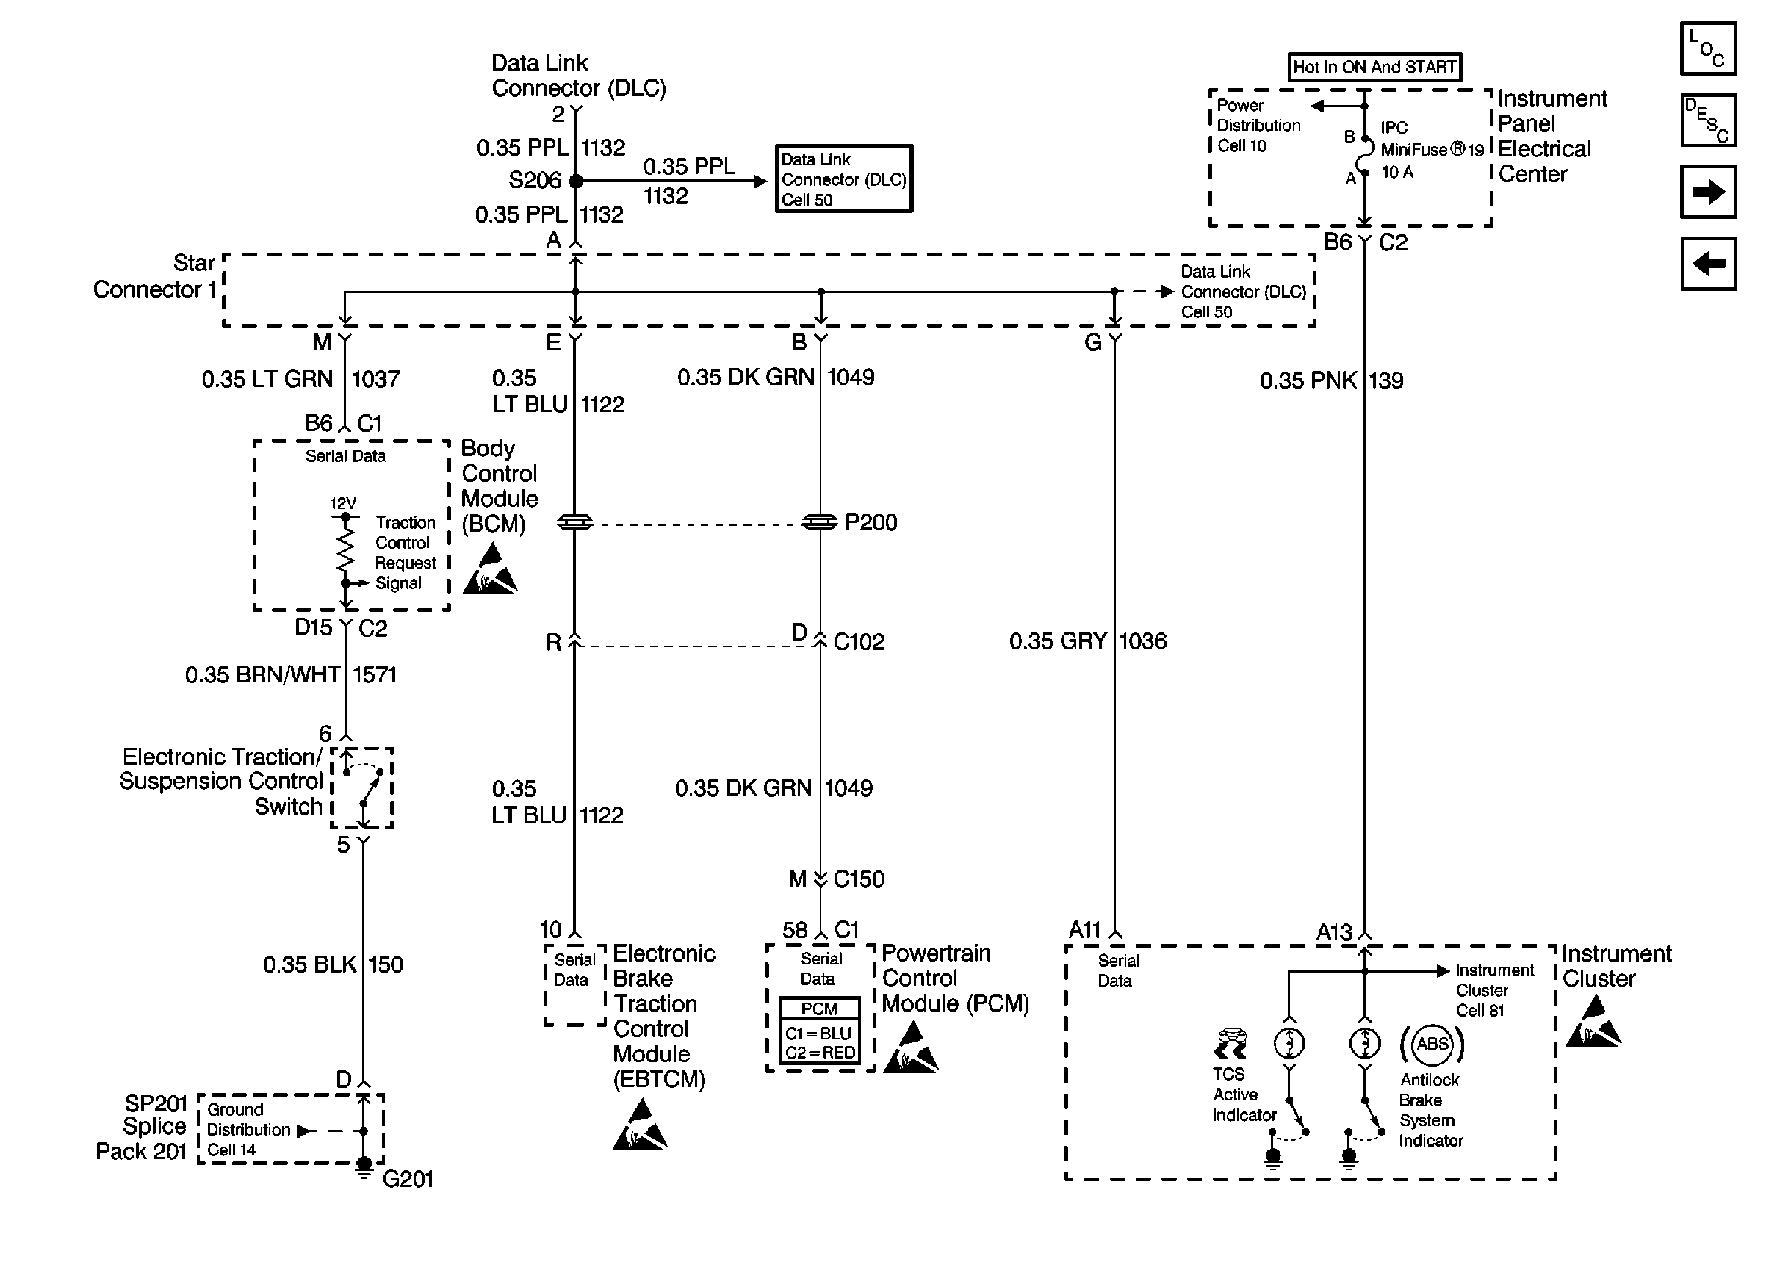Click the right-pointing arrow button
click(1708, 192)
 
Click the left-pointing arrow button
click(1708, 264)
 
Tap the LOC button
click(1708, 48)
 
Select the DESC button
click(1708, 120)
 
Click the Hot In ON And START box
click(1374, 67)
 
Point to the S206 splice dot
click(576, 181)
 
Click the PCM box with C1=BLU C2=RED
click(819, 1031)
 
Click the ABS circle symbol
click(1432, 1044)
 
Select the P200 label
click(871, 522)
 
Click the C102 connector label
click(859, 642)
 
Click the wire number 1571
click(375, 674)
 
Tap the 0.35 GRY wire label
click(1057, 641)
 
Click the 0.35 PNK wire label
click(1308, 381)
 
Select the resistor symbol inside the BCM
click(345, 549)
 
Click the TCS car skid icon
click(1230, 1044)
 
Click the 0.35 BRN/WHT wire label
click(262, 674)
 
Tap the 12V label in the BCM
click(342, 502)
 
